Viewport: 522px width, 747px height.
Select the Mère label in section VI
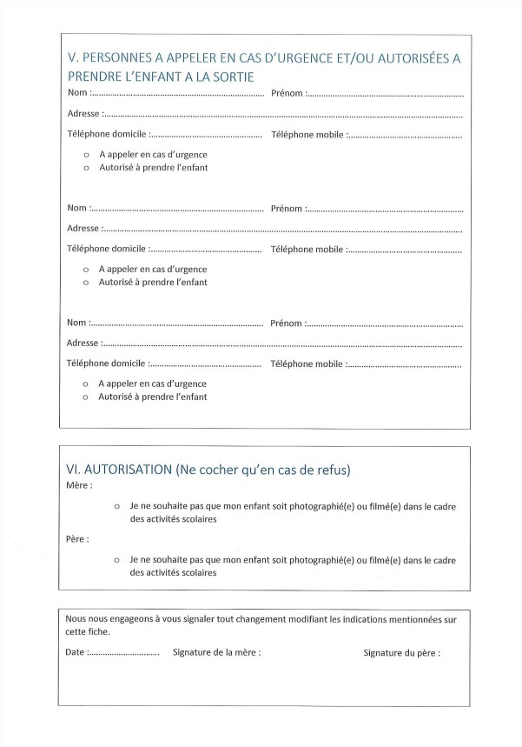tap(78, 485)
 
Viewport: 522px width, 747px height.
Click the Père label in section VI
tap(77, 539)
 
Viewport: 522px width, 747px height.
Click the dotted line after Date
tap(124, 651)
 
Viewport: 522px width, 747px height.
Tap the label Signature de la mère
tap(216, 651)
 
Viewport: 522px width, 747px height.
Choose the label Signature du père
tap(401, 651)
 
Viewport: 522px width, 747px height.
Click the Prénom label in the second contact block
tap(287, 209)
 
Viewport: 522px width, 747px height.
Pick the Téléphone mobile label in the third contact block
tap(307, 364)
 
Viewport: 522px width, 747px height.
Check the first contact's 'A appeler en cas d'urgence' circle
tap(86, 155)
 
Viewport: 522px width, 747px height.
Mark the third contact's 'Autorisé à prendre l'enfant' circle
tap(86, 397)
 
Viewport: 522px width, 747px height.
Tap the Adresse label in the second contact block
tap(83, 229)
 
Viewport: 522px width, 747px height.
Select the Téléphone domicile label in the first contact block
tap(106, 135)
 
